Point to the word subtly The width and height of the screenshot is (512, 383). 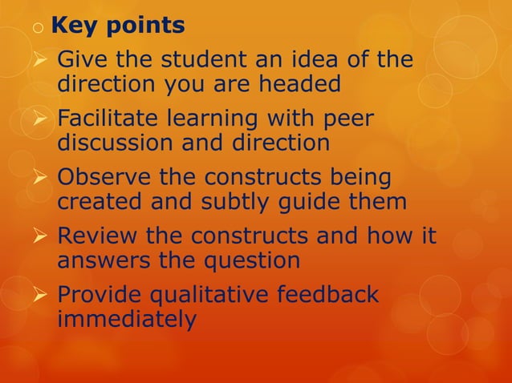[x=250, y=202]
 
